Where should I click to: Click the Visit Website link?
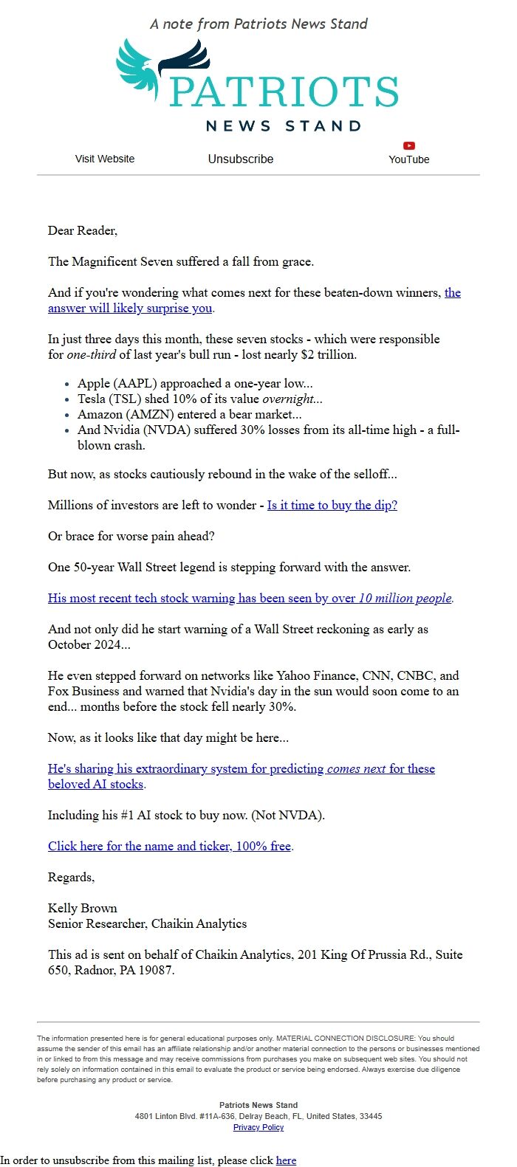click(x=105, y=159)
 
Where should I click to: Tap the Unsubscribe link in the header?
click(x=240, y=159)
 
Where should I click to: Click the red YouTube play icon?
click(x=409, y=145)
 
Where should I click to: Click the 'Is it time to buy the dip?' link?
click(x=332, y=506)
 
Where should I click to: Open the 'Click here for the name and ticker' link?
click(x=169, y=846)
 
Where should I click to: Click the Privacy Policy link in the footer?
click(x=258, y=1127)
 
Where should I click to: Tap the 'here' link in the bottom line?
click(x=286, y=1160)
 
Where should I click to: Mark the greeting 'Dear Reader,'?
click(x=83, y=231)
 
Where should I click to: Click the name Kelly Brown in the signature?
click(x=83, y=909)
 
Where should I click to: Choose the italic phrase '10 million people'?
click(x=405, y=599)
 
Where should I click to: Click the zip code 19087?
click(x=155, y=971)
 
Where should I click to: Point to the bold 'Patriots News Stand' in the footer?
click(x=258, y=1105)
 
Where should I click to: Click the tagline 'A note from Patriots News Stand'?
click(x=258, y=24)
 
